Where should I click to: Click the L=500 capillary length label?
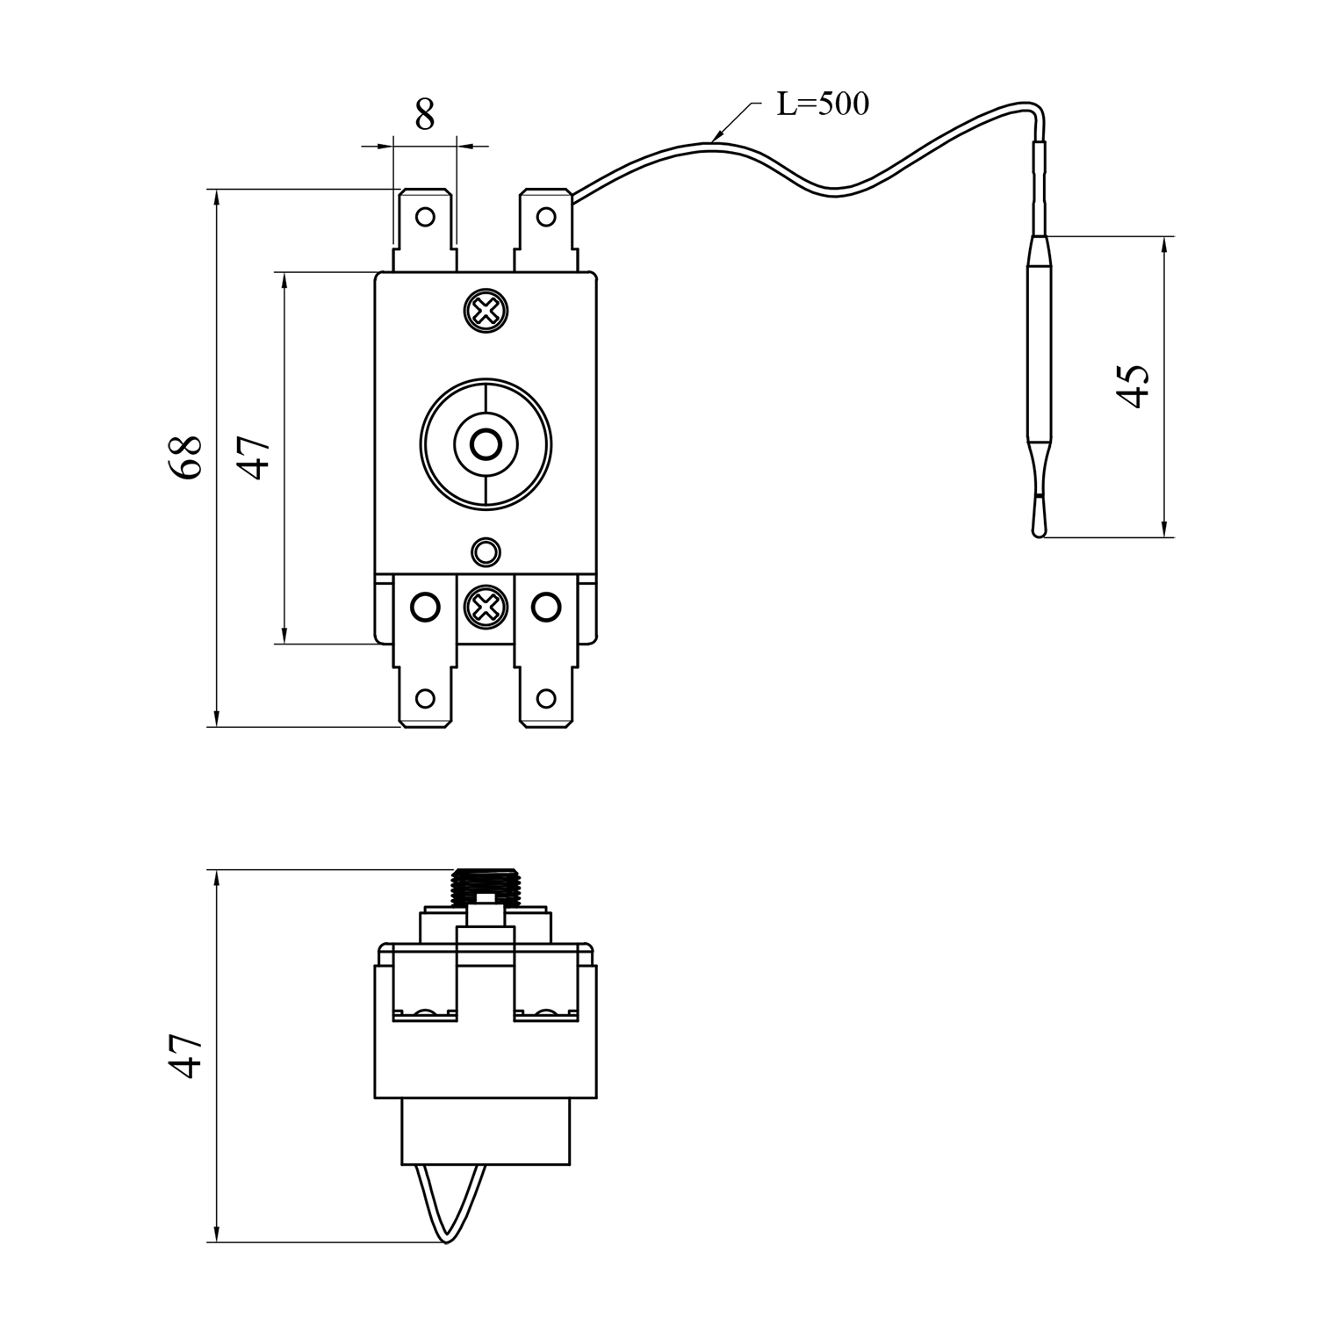pos(823,104)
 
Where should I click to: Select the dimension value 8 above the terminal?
pos(425,115)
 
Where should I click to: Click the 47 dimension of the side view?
pos(186,1055)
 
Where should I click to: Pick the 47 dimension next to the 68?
pos(255,457)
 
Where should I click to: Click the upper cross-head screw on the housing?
pos(486,310)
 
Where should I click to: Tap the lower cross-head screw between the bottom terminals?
pos(485,606)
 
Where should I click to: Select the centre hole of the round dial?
pos(484,445)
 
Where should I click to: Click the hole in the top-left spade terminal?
pos(425,216)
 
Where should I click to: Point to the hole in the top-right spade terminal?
pos(545,216)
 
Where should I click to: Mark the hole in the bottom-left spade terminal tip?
pos(425,699)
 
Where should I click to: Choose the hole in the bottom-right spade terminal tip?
pos(545,699)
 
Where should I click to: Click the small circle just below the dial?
pos(485,552)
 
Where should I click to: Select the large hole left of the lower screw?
pos(425,606)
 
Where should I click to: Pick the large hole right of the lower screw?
pos(546,606)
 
